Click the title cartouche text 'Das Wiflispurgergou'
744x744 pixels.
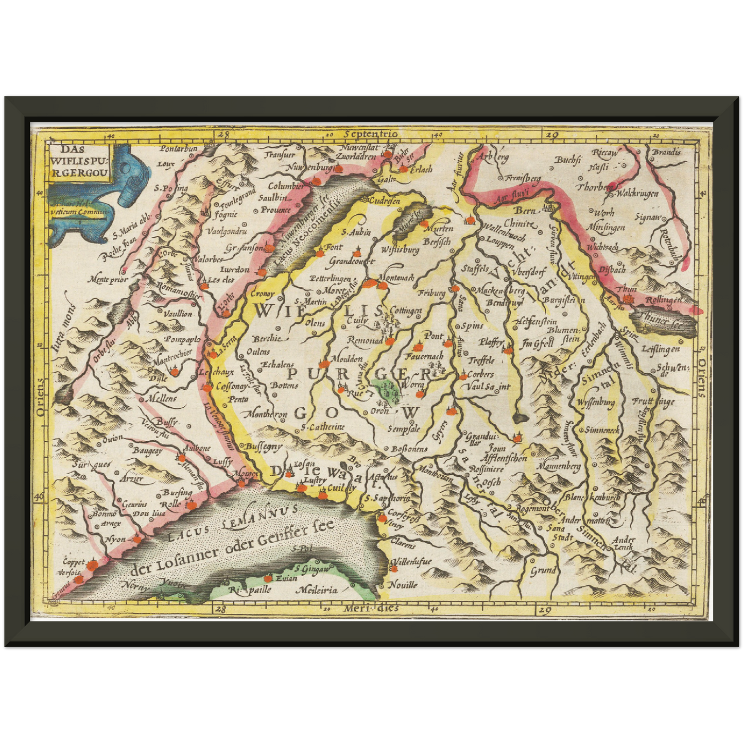click(x=80, y=160)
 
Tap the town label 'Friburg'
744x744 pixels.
click(x=431, y=293)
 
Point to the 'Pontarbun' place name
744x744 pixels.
click(x=178, y=149)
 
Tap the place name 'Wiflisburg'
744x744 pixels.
click(x=400, y=250)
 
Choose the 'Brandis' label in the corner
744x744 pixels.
click(x=666, y=152)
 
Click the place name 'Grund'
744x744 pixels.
click(x=543, y=570)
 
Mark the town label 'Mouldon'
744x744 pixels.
click(x=347, y=359)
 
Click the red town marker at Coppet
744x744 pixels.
click(x=92, y=565)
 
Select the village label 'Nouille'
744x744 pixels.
click(x=403, y=585)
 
